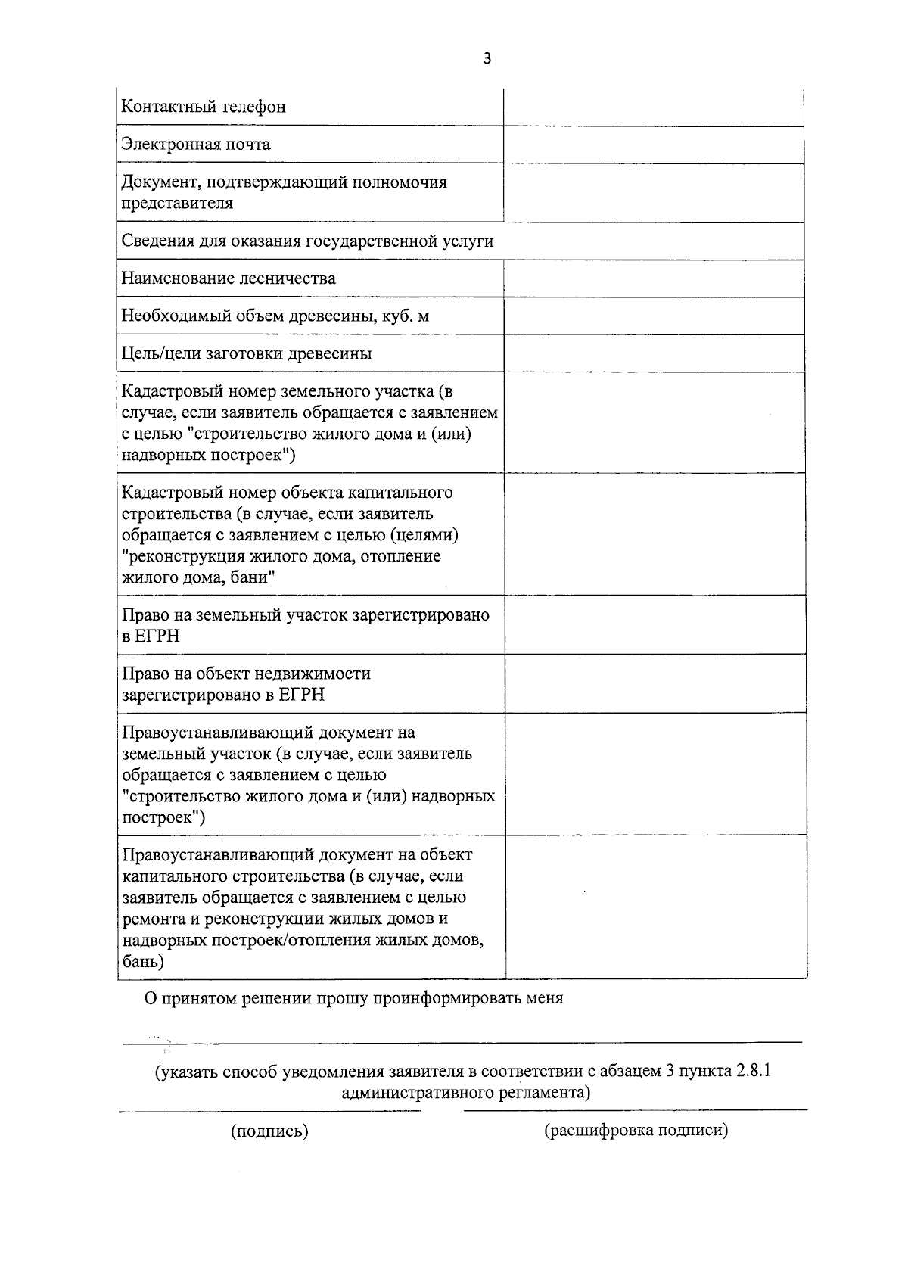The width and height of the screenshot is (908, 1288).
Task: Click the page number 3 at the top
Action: coord(487,59)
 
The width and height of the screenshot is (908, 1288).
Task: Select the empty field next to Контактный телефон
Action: coord(653,107)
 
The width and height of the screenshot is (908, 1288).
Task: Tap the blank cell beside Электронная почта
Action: coord(653,145)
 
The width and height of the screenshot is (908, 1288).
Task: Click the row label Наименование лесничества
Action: coord(229,278)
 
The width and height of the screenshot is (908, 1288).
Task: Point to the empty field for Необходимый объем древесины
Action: coord(653,316)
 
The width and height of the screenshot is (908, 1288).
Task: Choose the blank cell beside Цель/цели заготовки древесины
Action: coord(653,353)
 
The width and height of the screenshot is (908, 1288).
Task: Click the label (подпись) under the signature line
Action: coord(269,1131)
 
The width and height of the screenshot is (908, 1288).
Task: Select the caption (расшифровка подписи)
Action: coord(636,1131)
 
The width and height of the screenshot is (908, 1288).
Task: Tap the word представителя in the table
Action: coord(177,203)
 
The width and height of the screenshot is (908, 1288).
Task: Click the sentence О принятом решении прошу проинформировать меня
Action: coord(354,998)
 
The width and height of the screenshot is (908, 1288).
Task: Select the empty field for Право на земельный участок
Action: coord(653,625)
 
